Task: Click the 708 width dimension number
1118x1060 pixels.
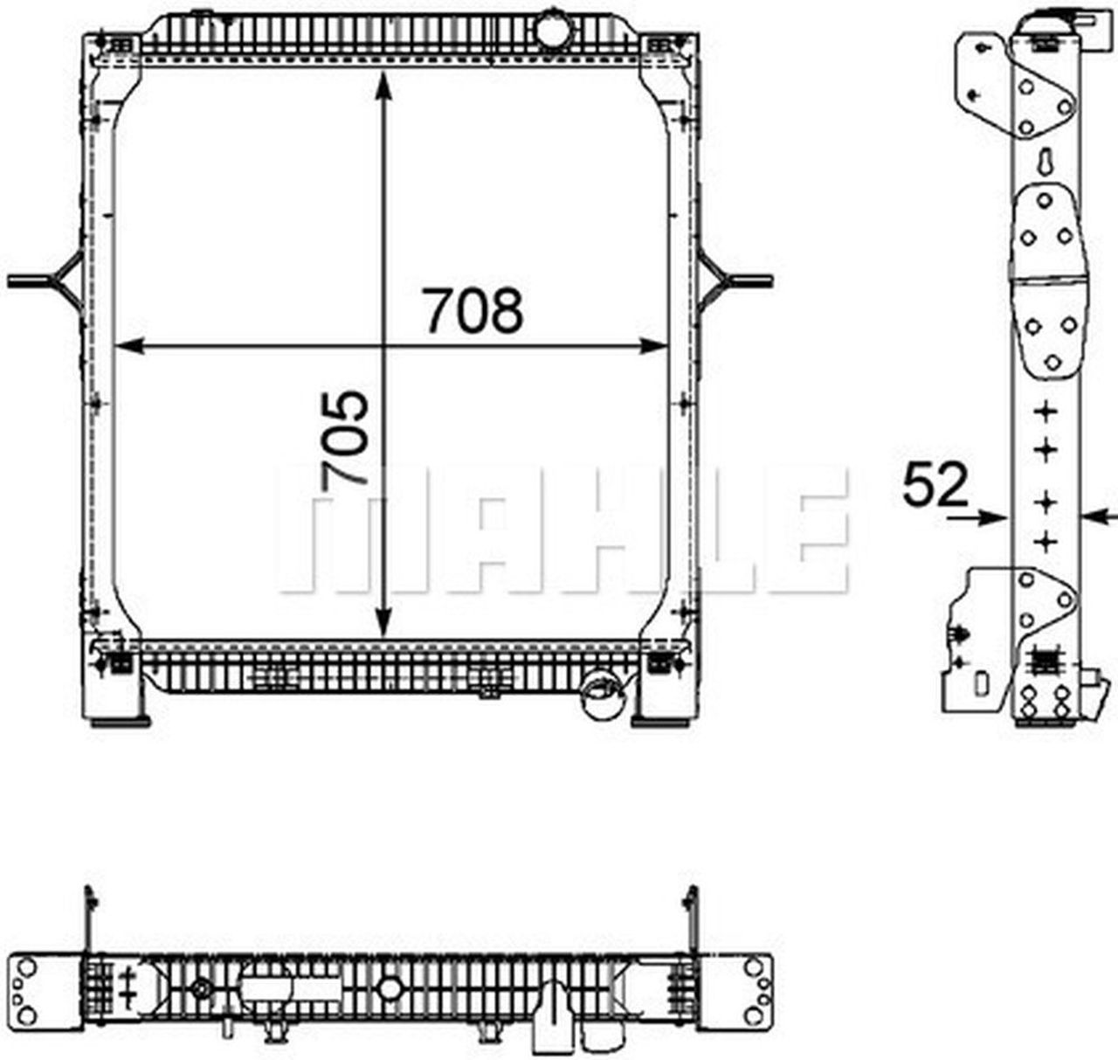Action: point(473,310)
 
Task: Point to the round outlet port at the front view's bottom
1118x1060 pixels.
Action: point(600,689)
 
